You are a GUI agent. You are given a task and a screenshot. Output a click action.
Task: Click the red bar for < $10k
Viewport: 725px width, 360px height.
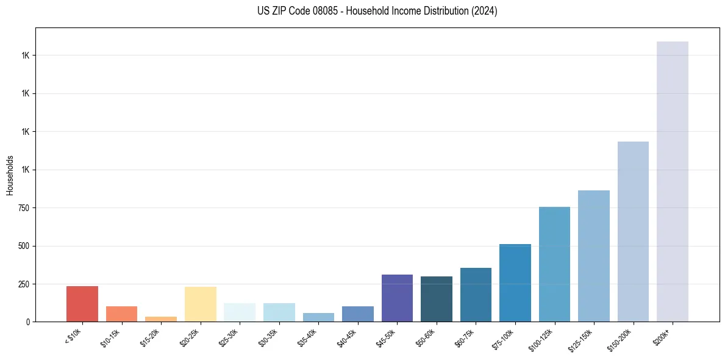(x=82, y=304)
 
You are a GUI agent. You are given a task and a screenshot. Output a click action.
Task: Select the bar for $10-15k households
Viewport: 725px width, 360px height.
(x=121, y=314)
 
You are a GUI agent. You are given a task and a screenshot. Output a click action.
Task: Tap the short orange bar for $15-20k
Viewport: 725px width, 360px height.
(x=161, y=319)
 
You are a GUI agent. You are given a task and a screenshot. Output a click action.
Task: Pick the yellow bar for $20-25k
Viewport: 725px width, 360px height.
(x=201, y=304)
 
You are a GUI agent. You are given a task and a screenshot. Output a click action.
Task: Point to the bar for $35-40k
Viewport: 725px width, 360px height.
(x=318, y=317)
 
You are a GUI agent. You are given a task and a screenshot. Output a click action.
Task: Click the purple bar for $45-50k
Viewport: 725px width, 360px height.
(x=397, y=298)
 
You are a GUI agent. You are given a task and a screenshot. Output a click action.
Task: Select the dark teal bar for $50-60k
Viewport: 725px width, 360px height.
(x=437, y=299)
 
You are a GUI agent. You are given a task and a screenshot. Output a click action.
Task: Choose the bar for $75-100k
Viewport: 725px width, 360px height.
(x=515, y=283)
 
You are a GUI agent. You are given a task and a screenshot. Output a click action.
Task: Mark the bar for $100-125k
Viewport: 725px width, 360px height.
(x=554, y=264)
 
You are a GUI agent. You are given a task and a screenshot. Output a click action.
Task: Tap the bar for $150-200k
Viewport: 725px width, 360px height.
(x=633, y=231)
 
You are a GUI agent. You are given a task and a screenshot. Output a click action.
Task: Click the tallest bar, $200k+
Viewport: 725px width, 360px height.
(x=673, y=181)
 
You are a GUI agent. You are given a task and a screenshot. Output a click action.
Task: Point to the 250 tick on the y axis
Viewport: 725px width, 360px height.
(x=24, y=284)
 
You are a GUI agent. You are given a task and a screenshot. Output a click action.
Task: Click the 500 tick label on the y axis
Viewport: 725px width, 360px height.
(x=24, y=246)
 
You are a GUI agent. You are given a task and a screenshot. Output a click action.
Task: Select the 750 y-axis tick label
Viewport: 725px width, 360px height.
(x=24, y=208)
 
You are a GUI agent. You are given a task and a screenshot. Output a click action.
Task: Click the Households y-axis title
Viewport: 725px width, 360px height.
(x=10, y=175)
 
